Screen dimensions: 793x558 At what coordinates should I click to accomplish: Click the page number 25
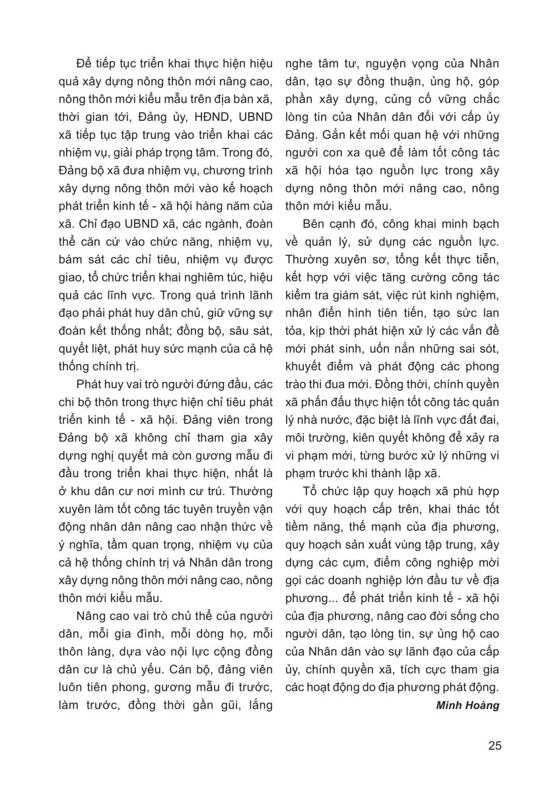point(495,746)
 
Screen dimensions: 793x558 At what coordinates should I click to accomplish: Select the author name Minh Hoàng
point(468,704)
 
